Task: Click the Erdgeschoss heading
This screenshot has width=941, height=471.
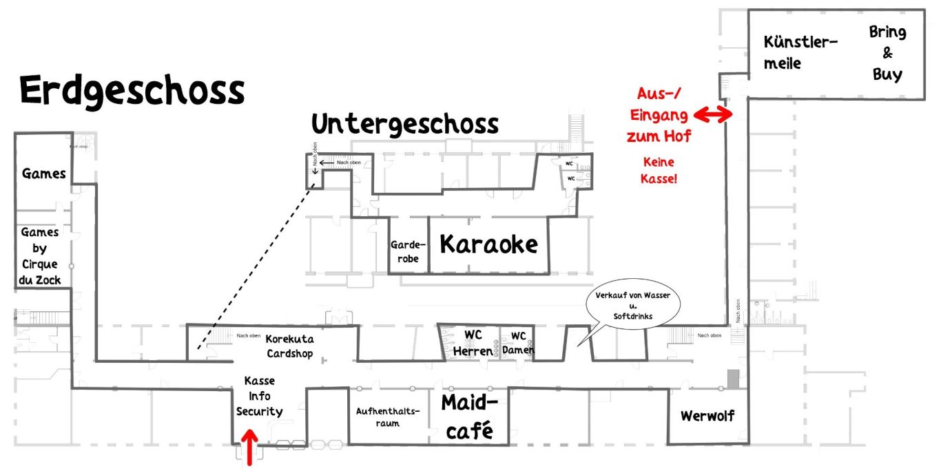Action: point(132,90)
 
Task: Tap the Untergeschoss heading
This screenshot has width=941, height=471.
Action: point(405,124)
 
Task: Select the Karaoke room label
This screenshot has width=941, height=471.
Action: point(488,244)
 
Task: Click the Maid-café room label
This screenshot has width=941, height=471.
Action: point(468,417)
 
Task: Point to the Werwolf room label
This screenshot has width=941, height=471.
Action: point(707,416)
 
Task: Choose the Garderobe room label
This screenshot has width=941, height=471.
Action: point(409,252)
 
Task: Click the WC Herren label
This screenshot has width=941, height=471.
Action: point(473,343)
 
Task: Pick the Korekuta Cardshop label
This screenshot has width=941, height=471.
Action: point(289,346)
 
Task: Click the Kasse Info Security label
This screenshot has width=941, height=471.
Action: point(259,396)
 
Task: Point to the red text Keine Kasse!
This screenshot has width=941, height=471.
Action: point(658,170)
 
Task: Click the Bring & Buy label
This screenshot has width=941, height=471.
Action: point(887,53)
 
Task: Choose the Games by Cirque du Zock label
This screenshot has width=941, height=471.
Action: point(39,256)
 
